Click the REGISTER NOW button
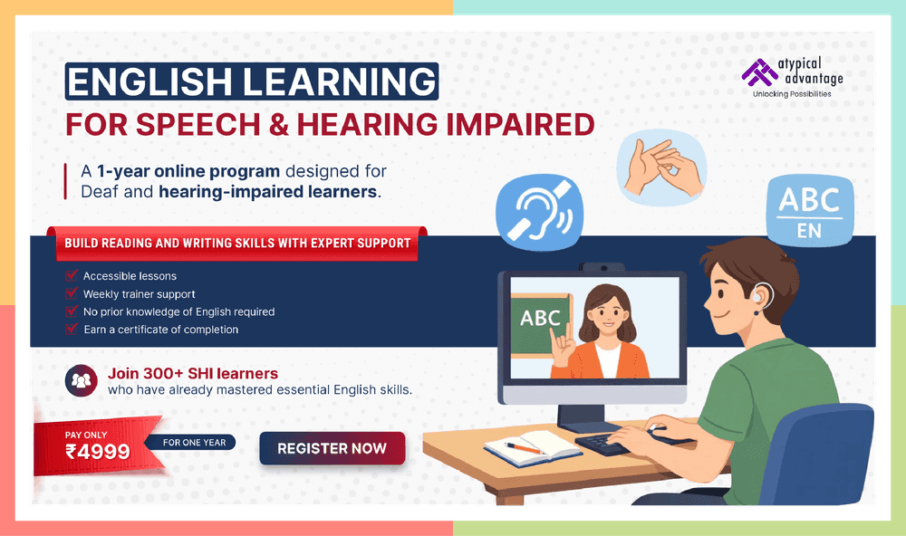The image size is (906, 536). pos(332,448)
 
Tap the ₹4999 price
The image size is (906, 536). pos(97,451)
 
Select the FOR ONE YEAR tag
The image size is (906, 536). pos(197,443)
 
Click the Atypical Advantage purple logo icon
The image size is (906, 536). pos(755,72)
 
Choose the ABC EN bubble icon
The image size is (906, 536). pos(809,209)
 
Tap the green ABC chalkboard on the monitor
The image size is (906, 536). pos(541,319)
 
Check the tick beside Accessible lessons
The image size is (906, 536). pos(72,275)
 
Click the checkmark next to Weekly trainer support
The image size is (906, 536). pos(72,293)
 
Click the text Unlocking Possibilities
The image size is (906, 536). pos(792,94)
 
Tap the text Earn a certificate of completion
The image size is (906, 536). pos(160,330)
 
